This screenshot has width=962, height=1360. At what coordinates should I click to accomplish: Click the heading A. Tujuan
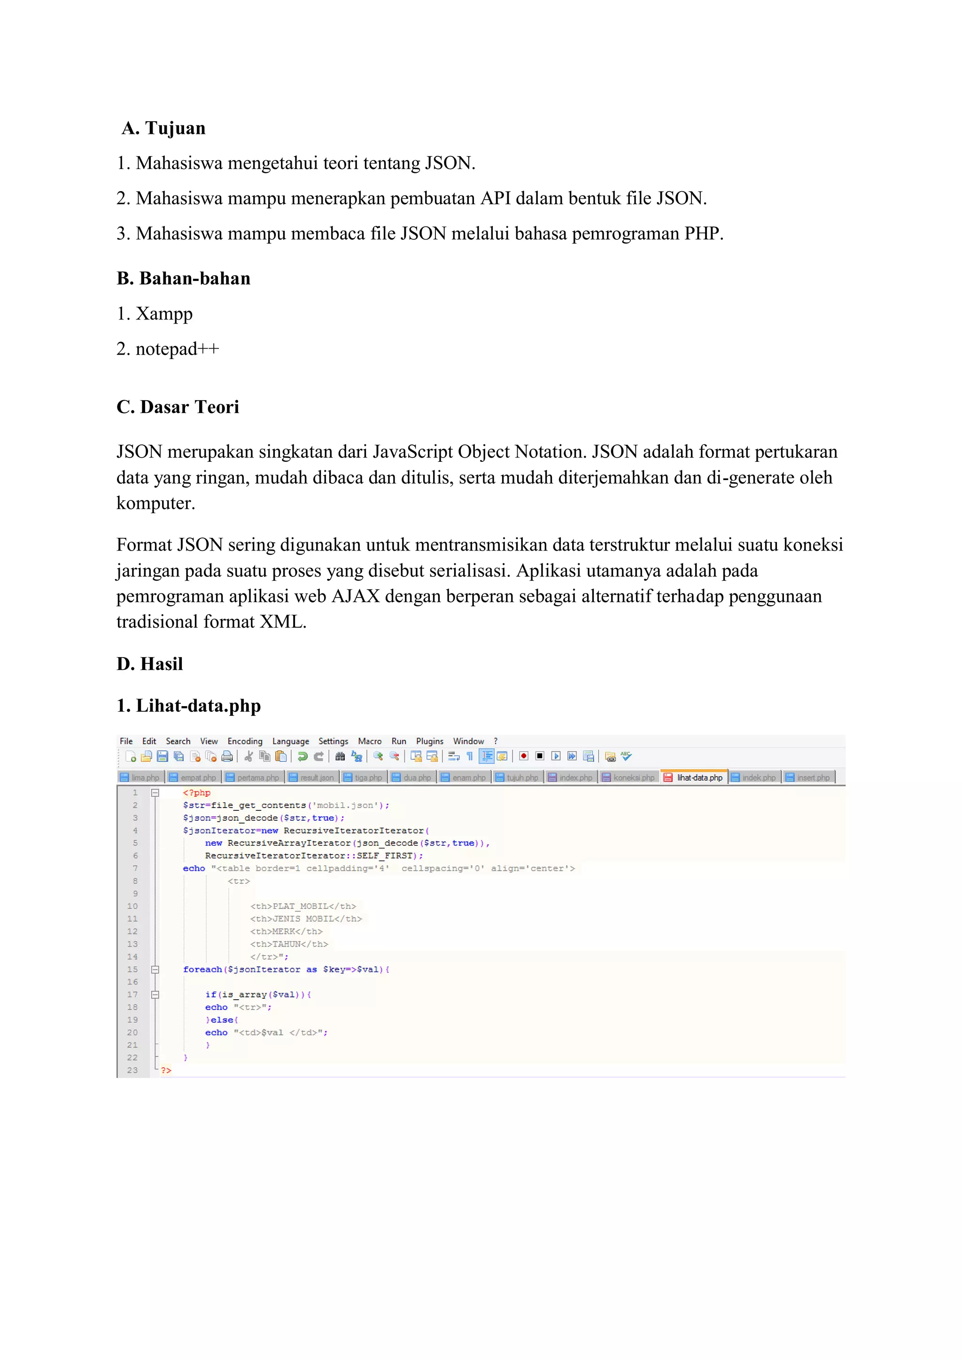[163, 128]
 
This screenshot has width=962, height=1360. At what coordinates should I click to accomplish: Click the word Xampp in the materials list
[164, 313]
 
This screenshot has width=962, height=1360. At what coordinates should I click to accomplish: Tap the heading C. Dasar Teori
[178, 407]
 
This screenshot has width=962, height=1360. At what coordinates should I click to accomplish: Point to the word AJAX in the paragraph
[356, 596]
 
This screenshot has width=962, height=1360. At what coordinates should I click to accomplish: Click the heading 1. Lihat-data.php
[188, 706]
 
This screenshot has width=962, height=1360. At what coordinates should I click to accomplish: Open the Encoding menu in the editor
[245, 741]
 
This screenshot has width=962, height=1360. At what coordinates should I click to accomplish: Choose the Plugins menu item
[429, 741]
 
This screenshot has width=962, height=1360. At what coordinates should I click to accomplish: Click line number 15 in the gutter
[132, 969]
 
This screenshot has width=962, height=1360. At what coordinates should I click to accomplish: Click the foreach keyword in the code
[202, 969]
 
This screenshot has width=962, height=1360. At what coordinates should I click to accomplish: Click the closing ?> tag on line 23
[166, 1070]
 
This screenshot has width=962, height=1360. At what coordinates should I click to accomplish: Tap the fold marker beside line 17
[155, 995]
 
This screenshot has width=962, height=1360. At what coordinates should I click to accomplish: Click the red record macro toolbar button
[524, 756]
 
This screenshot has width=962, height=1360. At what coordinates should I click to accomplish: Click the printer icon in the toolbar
[227, 756]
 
